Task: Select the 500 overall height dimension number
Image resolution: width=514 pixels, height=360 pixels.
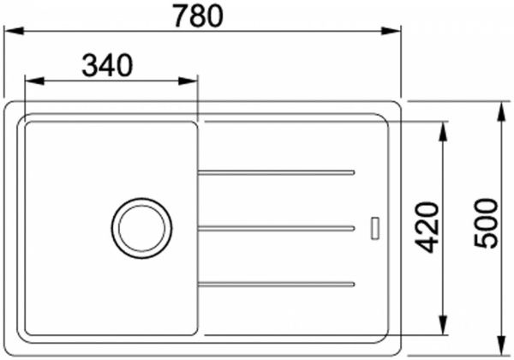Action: (487, 223)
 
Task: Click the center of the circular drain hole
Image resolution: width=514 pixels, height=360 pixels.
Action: (141, 227)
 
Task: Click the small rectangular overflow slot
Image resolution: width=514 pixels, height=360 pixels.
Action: (374, 227)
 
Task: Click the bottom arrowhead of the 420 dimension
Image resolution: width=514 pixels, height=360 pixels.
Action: (443, 327)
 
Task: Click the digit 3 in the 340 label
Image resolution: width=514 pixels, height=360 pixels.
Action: (89, 65)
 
